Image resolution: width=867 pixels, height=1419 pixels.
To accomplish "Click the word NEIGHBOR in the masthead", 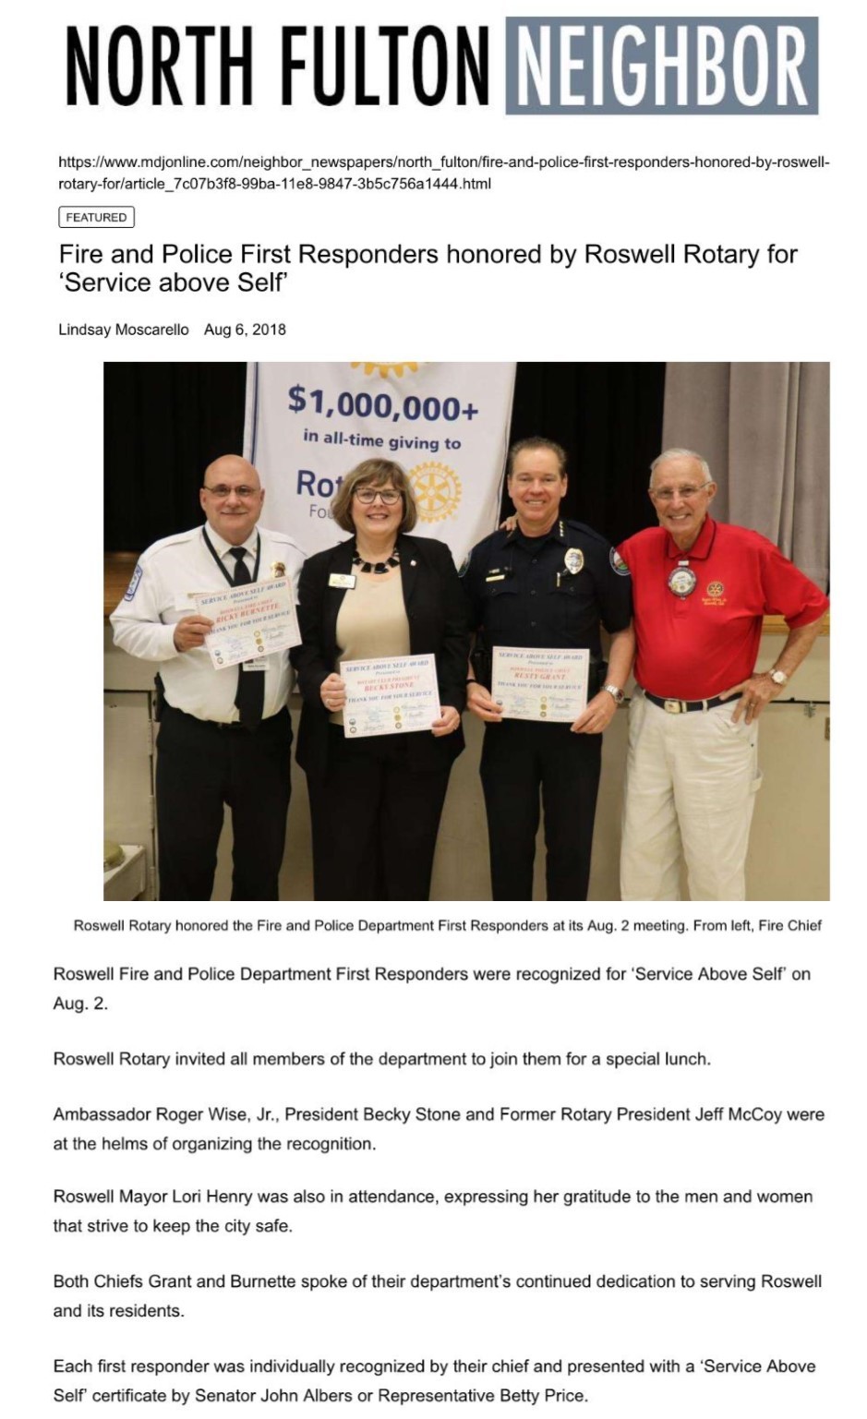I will pyautogui.click(x=661, y=66).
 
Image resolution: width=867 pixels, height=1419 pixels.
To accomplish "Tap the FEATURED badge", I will pyautogui.click(x=96, y=218).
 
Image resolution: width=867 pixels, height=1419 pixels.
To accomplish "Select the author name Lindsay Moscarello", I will pyautogui.click(x=123, y=330).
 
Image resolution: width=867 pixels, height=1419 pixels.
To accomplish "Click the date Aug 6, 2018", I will pyautogui.click(x=245, y=330).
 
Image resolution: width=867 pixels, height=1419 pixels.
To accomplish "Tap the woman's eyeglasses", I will pyautogui.click(x=377, y=496).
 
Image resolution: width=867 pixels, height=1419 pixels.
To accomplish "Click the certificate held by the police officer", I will pyautogui.click(x=540, y=683).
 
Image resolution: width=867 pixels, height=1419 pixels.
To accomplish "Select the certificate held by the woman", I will pyautogui.click(x=390, y=696).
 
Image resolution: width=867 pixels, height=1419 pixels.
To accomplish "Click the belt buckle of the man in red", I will pyautogui.click(x=674, y=706).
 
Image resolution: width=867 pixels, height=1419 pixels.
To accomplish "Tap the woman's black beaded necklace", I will pyautogui.click(x=376, y=561).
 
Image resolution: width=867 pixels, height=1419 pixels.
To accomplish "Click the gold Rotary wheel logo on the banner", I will pyautogui.click(x=432, y=491).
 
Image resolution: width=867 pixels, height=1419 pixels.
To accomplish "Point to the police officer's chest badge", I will pyautogui.click(x=573, y=560).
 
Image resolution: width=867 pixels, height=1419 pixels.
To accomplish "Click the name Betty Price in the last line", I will pyautogui.click(x=543, y=1395).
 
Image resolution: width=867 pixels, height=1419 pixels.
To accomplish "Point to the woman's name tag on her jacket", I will pyautogui.click(x=342, y=581).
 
